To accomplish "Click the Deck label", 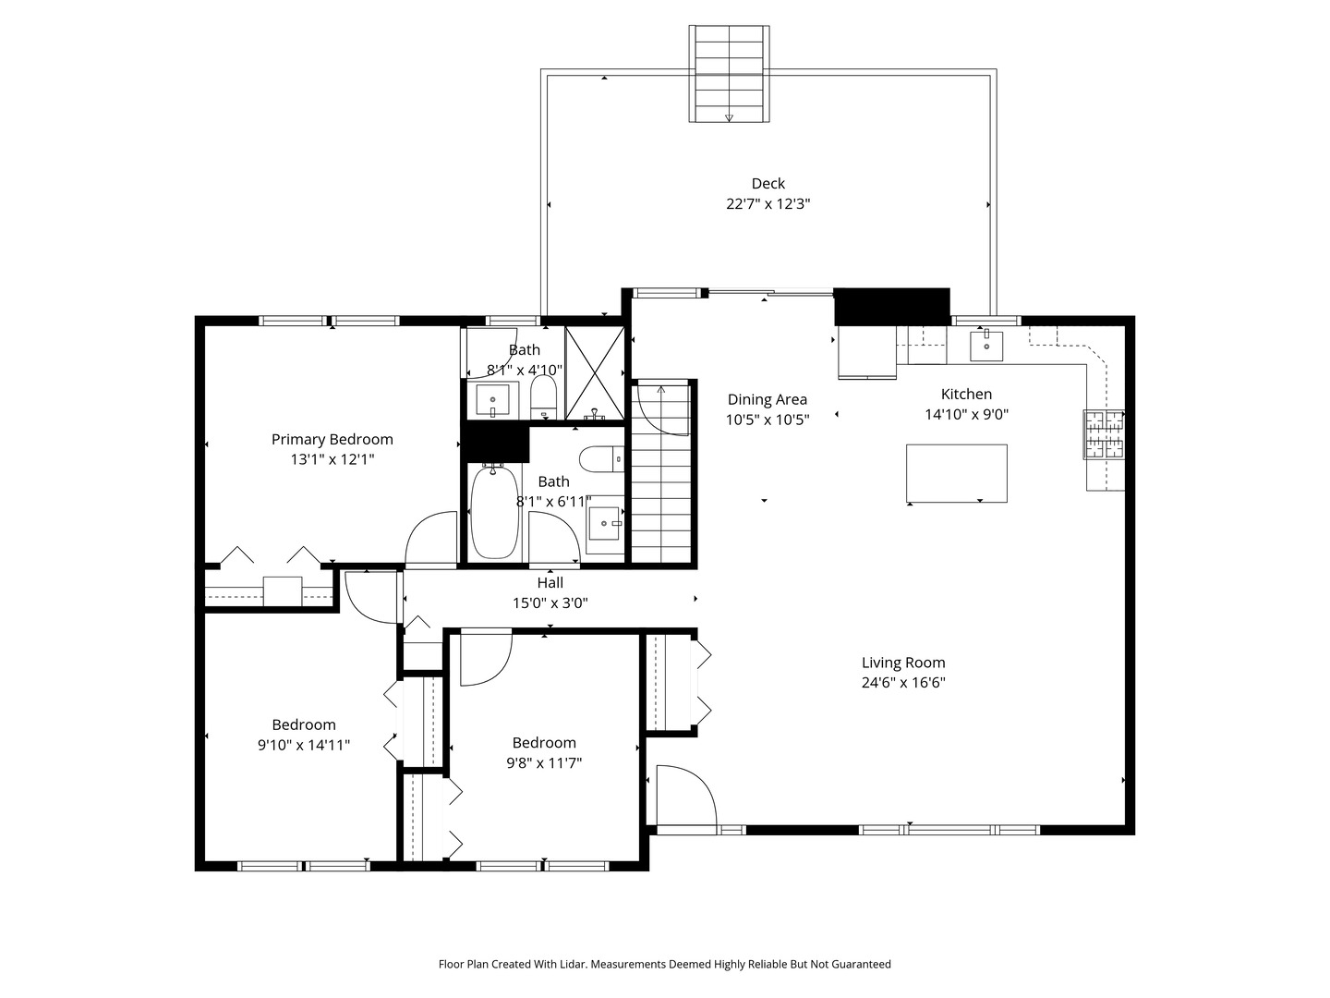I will tap(768, 183).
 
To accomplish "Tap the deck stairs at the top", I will tap(729, 73).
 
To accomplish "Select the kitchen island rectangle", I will tap(956, 473).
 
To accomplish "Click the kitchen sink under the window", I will tap(986, 346).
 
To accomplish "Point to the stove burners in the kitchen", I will tap(1104, 434).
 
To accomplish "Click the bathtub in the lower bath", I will tap(493, 514).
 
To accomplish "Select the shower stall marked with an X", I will tap(595, 372).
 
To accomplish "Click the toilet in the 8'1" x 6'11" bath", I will tap(600, 458).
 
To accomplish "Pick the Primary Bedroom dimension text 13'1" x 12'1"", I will tap(332, 459).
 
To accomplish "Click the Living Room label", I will tap(902, 663).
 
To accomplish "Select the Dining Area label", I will tap(767, 399).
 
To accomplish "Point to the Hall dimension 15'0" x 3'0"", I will tap(550, 603).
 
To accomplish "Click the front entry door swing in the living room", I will tap(683, 795).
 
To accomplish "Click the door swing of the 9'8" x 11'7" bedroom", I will tap(483, 658).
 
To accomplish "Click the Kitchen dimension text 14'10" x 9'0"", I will tap(966, 415).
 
